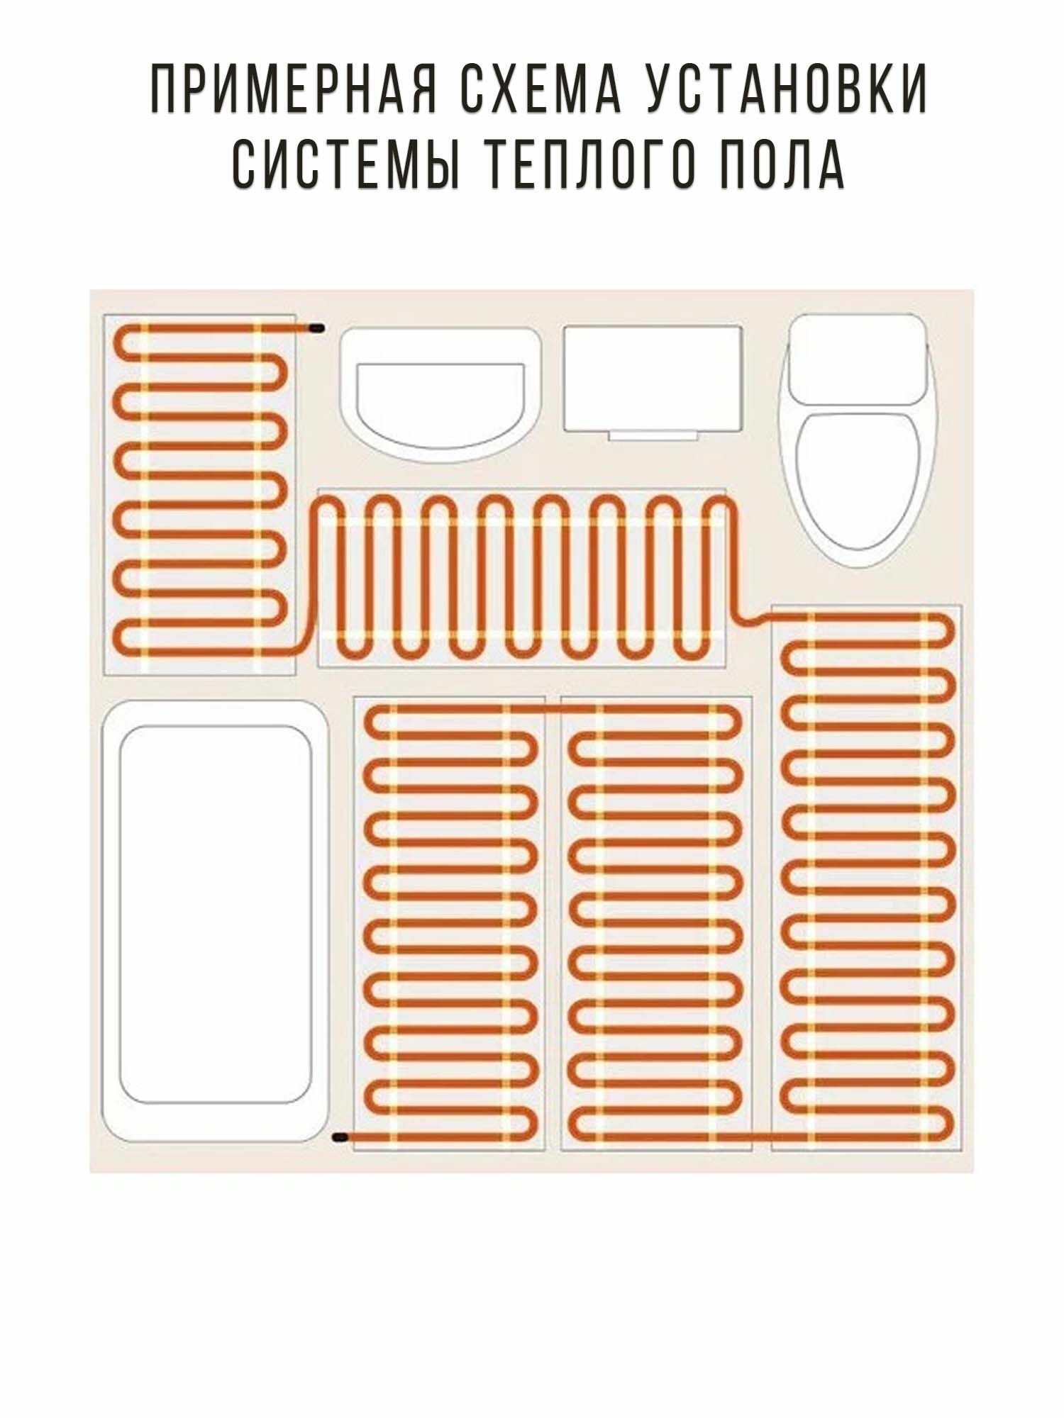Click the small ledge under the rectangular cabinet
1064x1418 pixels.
pos(653,435)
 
